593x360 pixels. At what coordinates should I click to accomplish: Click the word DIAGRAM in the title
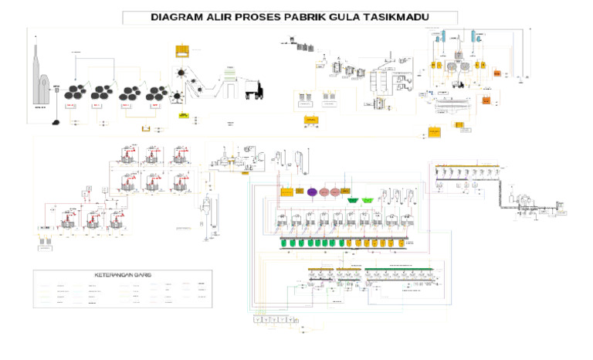[x=177, y=17]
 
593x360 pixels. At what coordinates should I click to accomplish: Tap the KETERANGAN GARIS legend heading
[x=121, y=276]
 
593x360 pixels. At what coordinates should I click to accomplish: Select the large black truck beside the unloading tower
[x=255, y=91]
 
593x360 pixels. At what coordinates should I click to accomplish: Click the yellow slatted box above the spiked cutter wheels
[x=183, y=53]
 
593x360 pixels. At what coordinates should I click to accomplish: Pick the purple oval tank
[x=311, y=191]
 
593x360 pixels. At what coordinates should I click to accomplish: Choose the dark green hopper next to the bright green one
[x=353, y=200]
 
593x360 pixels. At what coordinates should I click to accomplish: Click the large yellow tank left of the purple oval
[x=287, y=191]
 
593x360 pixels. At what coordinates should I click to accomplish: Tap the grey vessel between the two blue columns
[x=457, y=39]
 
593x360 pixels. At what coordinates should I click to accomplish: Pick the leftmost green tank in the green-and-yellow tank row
[x=285, y=243]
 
